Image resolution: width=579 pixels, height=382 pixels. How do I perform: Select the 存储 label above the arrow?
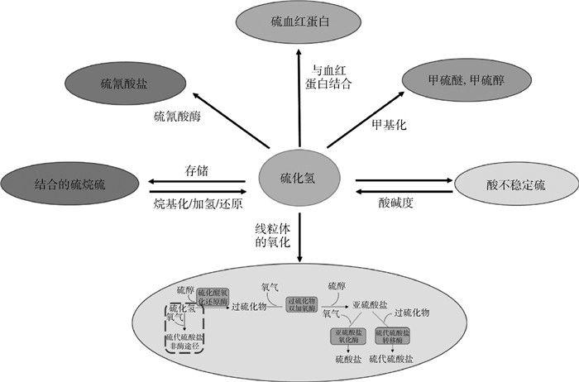(x=196, y=170)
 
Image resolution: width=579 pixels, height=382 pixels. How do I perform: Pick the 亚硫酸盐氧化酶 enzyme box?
(x=348, y=337)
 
